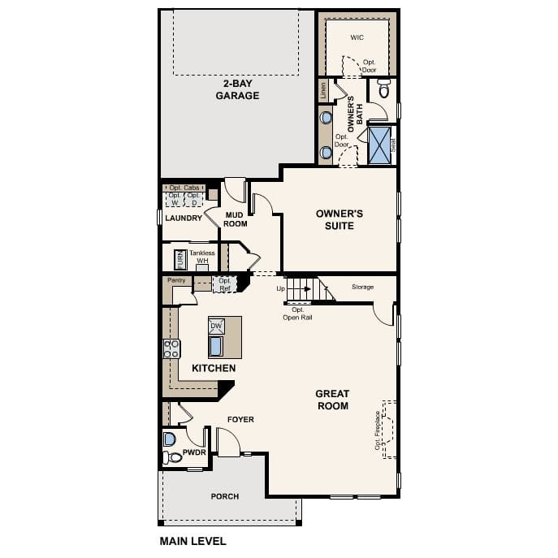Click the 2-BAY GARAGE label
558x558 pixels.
tap(237, 89)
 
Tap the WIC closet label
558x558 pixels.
tap(357, 38)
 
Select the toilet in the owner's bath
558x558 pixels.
tap(384, 89)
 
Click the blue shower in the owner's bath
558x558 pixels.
tap(379, 145)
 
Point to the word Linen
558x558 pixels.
tap(323, 91)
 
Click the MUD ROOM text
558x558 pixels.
tap(236, 219)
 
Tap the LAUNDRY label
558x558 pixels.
tap(183, 218)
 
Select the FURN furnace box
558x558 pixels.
tap(180, 260)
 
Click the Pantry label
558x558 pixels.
tap(176, 280)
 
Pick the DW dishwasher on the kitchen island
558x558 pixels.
tap(216, 326)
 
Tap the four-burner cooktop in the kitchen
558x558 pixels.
tap(171, 348)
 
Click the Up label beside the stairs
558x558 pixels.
tap(281, 288)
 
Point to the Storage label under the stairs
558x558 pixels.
tap(362, 287)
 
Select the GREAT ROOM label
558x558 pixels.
tap(332, 400)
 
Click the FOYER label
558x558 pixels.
tap(240, 420)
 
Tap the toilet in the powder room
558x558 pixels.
tap(173, 458)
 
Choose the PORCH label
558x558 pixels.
tap(224, 496)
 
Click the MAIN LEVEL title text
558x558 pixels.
tap(192, 541)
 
